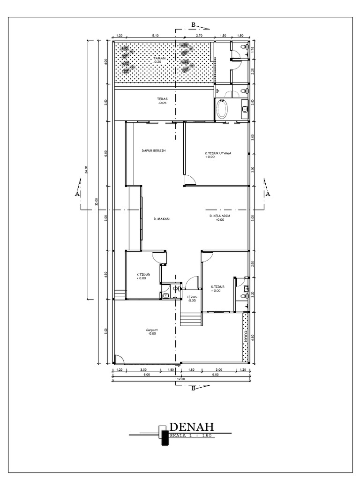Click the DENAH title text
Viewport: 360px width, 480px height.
[191, 427]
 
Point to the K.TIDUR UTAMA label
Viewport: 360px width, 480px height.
[218, 154]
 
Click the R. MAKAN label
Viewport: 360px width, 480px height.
[161, 218]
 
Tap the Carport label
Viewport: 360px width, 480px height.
[152, 330]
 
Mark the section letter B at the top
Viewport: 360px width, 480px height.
[193, 24]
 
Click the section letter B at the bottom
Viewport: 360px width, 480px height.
[193, 388]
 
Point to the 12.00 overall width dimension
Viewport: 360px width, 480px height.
[181, 379]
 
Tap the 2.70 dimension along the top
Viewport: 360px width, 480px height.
[199, 35]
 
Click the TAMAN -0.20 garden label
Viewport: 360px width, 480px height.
[160, 60]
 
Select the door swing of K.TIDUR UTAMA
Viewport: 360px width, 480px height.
[189, 180]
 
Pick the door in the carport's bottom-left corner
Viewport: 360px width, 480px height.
[119, 359]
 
